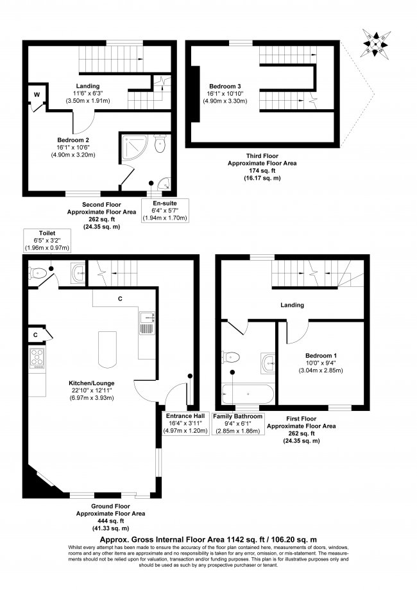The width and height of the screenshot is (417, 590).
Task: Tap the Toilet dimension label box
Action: click(47, 240)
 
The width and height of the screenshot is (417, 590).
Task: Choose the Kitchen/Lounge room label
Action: click(91, 390)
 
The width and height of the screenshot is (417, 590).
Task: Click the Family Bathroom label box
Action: click(239, 424)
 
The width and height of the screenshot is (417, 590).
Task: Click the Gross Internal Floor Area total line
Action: click(208, 540)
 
